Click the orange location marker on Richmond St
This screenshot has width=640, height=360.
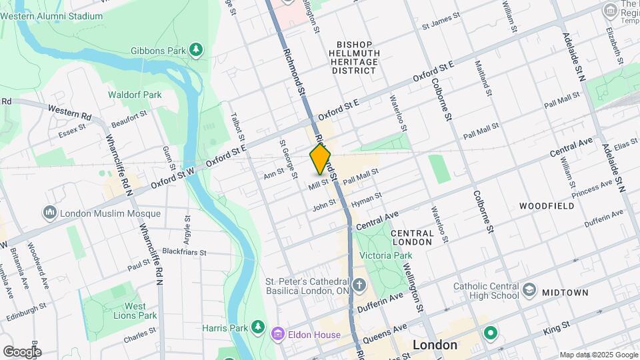pos(320,160)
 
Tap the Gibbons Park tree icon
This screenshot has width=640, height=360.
pos(196,51)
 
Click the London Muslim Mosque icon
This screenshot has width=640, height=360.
pos(50,213)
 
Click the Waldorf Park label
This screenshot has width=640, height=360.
pos(135,95)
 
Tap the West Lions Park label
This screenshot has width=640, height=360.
pos(134,311)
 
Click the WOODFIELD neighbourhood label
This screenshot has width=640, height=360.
pos(547,206)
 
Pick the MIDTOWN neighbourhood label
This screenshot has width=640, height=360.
pos(565,293)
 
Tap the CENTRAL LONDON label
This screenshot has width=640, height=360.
pos(412,237)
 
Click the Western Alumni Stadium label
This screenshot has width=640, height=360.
pos(60,16)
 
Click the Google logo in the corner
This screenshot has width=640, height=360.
pos(21,351)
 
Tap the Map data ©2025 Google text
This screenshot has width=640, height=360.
pos(597,355)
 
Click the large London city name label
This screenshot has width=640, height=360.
pos(435,345)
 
